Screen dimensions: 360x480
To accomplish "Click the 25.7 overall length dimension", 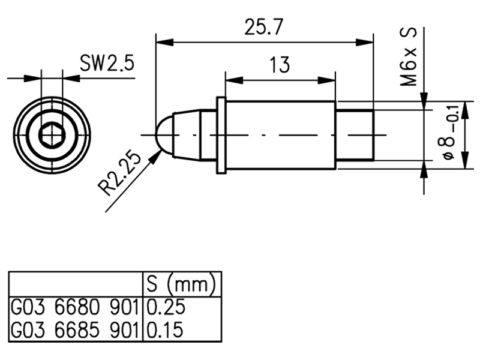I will coord(264,28).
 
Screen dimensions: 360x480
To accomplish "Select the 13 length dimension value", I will coord(280,64).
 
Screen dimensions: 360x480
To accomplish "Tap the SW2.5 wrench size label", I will coord(107,62).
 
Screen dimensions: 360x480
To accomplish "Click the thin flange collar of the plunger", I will coord(221,136).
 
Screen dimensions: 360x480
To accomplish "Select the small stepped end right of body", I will coord(355,135).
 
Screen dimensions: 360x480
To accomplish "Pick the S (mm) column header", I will coord(181,283).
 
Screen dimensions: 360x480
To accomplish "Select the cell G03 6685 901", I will coord(75,329).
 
